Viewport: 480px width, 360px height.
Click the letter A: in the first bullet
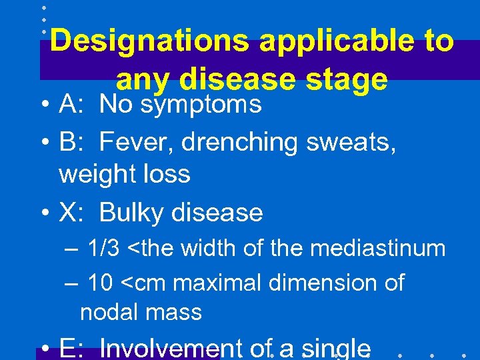(x=70, y=104)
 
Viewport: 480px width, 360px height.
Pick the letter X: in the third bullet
(x=70, y=213)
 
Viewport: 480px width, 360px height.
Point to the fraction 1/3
(x=103, y=249)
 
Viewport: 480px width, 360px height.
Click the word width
(x=207, y=249)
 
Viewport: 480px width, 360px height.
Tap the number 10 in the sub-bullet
(x=100, y=283)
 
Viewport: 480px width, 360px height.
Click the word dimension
(x=324, y=283)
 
